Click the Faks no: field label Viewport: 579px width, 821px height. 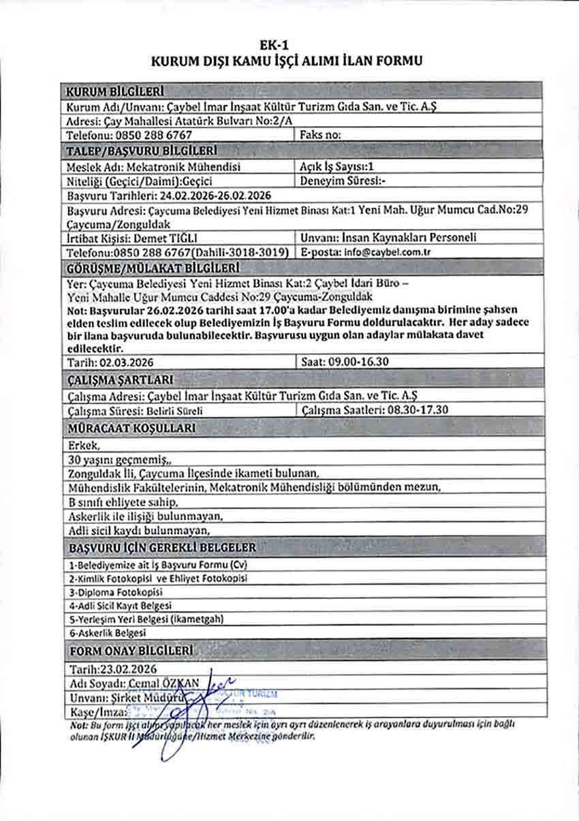[321, 136]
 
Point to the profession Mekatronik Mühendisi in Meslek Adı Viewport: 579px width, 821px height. [183, 166]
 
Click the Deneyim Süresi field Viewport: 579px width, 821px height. [343, 181]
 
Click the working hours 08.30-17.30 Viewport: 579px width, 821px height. [408, 411]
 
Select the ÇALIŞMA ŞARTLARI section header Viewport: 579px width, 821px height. [121, 379]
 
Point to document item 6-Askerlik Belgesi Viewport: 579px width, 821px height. [108, 632]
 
